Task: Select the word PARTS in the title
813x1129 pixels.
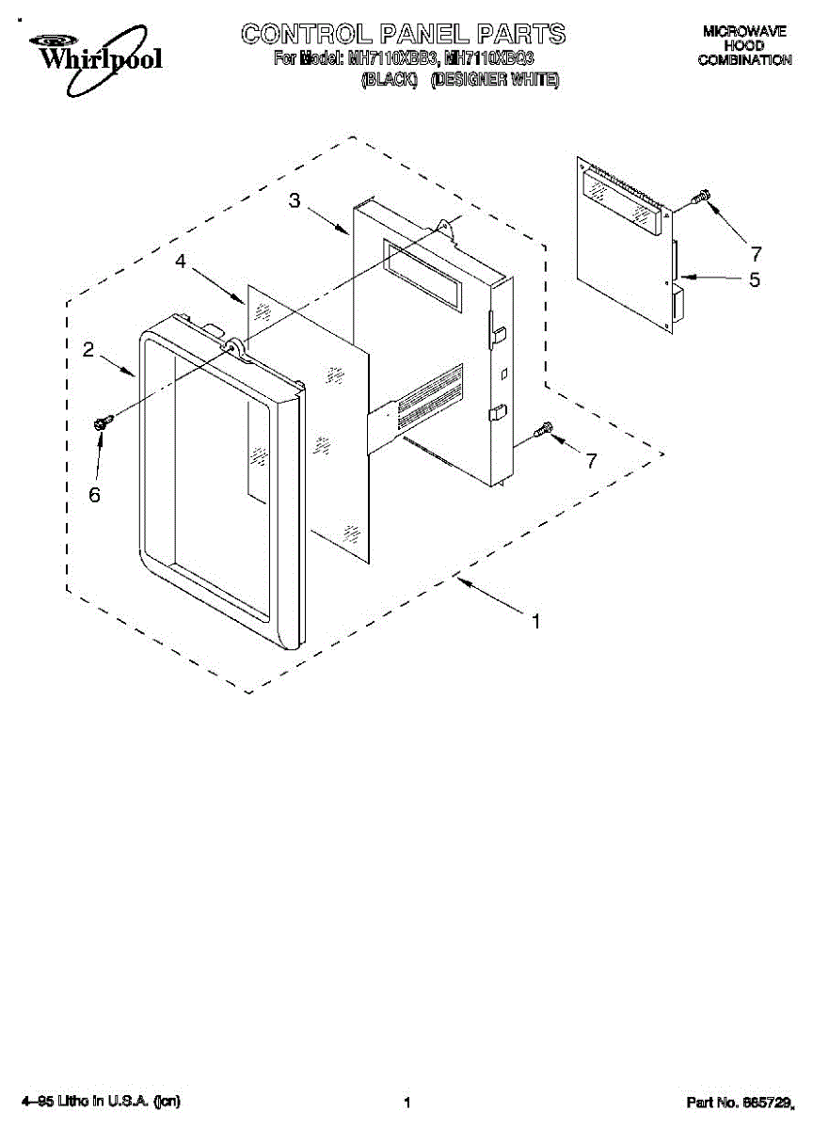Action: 521,35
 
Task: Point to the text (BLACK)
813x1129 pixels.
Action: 390,80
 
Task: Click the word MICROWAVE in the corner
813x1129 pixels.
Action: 743,31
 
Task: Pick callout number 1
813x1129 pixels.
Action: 535,621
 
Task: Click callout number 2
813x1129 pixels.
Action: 88,350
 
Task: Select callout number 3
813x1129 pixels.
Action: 295,200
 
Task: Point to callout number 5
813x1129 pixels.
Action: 754,279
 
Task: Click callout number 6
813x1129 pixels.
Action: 94,494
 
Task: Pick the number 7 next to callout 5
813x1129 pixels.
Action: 755,253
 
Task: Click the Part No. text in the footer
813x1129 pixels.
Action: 738,1101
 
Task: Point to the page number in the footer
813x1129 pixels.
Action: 406,1102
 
